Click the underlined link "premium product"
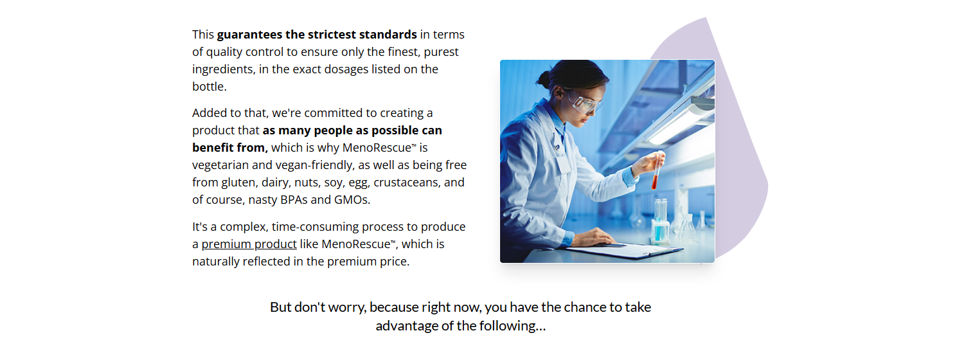(249, 244)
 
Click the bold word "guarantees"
(250, 35)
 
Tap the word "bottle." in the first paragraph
(210, 87)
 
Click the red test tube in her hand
(656, 170)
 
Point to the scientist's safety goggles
(584, 102)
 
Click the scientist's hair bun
(544, 79)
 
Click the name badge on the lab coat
(564, 164)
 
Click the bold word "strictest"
(332, 35)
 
